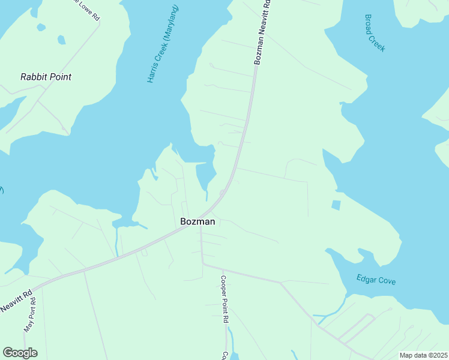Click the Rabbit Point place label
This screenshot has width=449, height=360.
click(46, 77)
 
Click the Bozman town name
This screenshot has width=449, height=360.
click(198, 221)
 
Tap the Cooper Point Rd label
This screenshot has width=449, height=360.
click(224, 300)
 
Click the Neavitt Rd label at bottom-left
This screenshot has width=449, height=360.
click(16, 301)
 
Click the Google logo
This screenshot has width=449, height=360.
click(20, 352)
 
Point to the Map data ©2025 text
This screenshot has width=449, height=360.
click(423, 355)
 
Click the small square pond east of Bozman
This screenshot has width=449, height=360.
click(336, 205)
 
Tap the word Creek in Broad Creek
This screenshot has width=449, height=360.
click(379, 43)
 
